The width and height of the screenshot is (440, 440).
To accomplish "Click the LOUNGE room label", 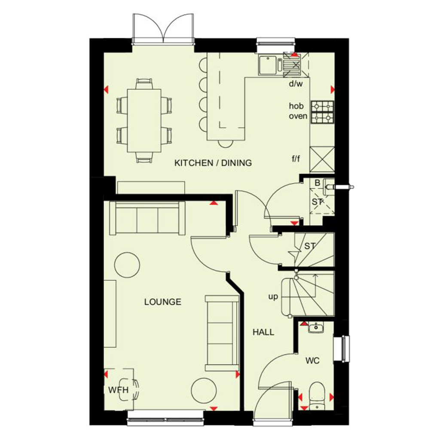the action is tap(163, 302).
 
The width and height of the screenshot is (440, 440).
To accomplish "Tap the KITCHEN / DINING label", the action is tap(213, 163).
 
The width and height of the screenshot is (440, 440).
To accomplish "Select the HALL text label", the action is tap(263, 332).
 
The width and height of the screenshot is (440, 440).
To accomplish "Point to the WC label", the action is tap(312, 361).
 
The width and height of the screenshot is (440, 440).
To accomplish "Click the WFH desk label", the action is tap(118, 390).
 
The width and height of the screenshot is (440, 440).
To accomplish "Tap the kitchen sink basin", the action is tap(268, 65).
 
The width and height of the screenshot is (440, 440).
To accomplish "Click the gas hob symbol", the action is tap(322, 112).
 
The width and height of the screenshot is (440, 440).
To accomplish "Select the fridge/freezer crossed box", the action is tap(322, 159).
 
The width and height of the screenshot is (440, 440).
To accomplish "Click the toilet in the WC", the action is tap(317, 395).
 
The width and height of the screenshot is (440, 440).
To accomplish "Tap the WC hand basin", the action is tap(316, 327).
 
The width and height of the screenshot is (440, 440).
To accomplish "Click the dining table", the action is tap(144, 121).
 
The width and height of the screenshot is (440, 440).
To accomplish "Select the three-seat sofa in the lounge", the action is tap(147, 218).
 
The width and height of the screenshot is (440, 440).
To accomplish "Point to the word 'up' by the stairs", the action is tap(273, 297).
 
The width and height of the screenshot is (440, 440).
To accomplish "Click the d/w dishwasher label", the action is tap(296, 83).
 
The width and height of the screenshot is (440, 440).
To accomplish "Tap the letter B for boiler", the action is tap(318, 183).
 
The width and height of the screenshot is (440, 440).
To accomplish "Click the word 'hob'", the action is tap(296, 106).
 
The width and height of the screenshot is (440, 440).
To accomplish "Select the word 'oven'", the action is tap(298, 116).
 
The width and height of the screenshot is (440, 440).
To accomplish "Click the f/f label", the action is tap(296, 159).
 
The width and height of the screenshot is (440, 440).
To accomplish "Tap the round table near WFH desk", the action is tap(204, 390).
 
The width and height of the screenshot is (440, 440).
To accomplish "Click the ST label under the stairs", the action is tap(310, 246).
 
